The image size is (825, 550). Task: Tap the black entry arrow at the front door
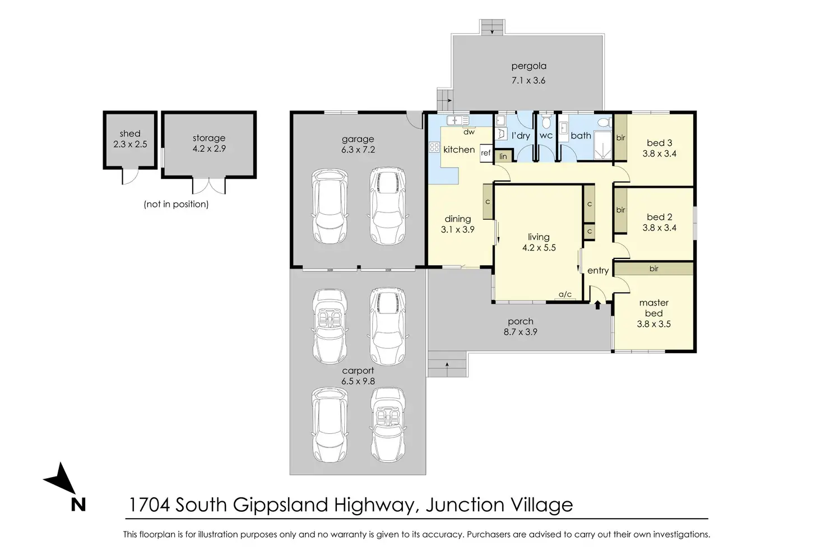coord(598,305)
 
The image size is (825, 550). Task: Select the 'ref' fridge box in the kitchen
coord(486,152)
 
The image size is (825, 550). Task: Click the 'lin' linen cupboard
coord(503,156)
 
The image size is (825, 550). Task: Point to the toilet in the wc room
coord(546,121)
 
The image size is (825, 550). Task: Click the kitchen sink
coord(458,121)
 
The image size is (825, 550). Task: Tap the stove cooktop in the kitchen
coord(434,147)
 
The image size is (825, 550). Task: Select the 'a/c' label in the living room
coord(565,294)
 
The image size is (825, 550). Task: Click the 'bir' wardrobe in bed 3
coord(620,138)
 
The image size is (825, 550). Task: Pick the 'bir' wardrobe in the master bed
coord(653,269)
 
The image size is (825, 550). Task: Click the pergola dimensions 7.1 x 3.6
coord(529,80)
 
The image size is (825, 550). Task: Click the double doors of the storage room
coord(209,186)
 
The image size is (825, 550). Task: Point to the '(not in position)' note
coord(176,204)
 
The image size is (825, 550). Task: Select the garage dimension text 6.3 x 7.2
coord(358,150)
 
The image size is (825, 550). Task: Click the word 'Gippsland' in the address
coord(280,505)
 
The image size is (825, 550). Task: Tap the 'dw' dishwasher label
coord(469,132)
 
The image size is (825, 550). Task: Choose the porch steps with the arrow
coord(447,364)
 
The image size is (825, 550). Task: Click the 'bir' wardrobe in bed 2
coord(620,210)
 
